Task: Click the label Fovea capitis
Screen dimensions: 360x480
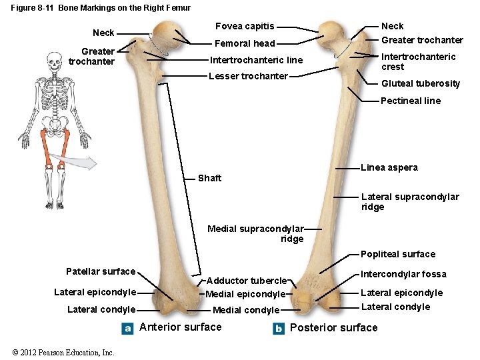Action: point(244,26)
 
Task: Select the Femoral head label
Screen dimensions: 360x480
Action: point(245,43)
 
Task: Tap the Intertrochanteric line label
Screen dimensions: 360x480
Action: point(256,60)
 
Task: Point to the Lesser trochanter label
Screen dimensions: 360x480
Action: point(248,76)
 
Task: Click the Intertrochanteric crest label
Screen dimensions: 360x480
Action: point(418,61)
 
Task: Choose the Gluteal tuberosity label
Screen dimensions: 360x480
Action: point(420,83)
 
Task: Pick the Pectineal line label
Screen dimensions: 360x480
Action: point(410,101)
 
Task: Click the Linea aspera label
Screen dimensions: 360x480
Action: point(389,167)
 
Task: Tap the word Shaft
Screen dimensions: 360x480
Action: point(209,178)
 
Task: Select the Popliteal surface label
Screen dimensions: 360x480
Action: point(397,254)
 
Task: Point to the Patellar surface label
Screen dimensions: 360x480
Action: point(101,271)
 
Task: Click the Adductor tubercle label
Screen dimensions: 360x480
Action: point(246,281)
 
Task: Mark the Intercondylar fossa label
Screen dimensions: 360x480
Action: point(403,274)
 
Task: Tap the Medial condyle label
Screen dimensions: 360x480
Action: point(246,310)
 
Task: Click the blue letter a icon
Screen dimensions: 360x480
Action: point(128,328)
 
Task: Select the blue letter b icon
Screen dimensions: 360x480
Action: point(279,328)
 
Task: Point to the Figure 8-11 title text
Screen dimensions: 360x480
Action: point(101,8)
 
